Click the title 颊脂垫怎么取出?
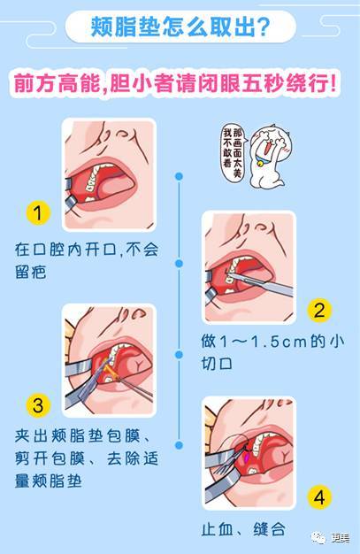pyautogui.click(x=180, y=27)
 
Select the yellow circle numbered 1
pyautogui.click(x=38, y=213)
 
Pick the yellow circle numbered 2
pyautogui.click(x=319, y=311)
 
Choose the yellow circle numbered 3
pyautogui.click(x=38, y=405)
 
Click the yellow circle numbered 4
pyautogui.click(x=319, y=497)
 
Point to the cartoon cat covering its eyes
pyautogui.click(x=270, y=157)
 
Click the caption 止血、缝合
pyautogui.click(x=244, y=529)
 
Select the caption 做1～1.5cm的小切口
pyautogui.click(x=272, y=352)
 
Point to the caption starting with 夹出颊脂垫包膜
pyautogui.click(x=87, y=458)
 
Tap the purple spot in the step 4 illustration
pyautogui.click(x=248, y=458)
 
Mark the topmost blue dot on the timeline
pyautogui.click(x=180, y=176)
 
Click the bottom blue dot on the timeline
pyautogui.click(x=180, y=445)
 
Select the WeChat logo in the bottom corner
pyautogui.click(x=318, y=538)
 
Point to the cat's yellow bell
pyautogui.click(x=261, y=164)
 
